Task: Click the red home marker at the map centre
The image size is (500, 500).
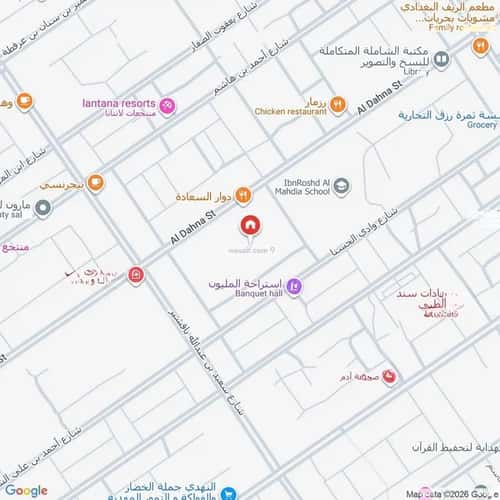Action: [249, 223]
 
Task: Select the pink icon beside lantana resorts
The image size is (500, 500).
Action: [168, 105]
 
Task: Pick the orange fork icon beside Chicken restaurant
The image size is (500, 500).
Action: [338, 102]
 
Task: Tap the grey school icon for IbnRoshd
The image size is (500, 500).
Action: [342, 185]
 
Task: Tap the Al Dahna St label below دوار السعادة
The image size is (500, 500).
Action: [193, 225]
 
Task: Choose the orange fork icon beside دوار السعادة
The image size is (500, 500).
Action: [243, 195]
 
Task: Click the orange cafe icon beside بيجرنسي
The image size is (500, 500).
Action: [95, 182]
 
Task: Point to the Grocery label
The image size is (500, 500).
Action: [482, 125]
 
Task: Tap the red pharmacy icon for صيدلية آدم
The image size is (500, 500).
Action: [390, 376]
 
